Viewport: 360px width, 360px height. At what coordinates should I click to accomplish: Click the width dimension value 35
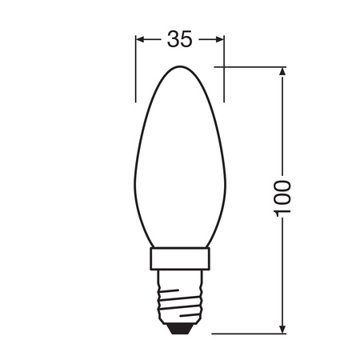pyautogui.click(x=179, y=39)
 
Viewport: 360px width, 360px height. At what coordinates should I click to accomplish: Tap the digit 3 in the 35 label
pyautogui.click(x=173, y=39)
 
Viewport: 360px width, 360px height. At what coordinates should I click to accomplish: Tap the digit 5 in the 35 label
pyautogui.click(x=186, y=39)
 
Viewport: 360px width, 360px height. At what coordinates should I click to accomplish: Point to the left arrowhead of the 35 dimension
pyautogui.click(x=141, y=39)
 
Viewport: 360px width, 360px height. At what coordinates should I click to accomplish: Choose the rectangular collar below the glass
pyautogui.click(x=180, y=258)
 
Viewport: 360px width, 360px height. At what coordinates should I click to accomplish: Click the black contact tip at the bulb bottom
pyautogui.click(x=180, y=327)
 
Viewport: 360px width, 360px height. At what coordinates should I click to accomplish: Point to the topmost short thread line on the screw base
pyautogui.click(x=180, y=281)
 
